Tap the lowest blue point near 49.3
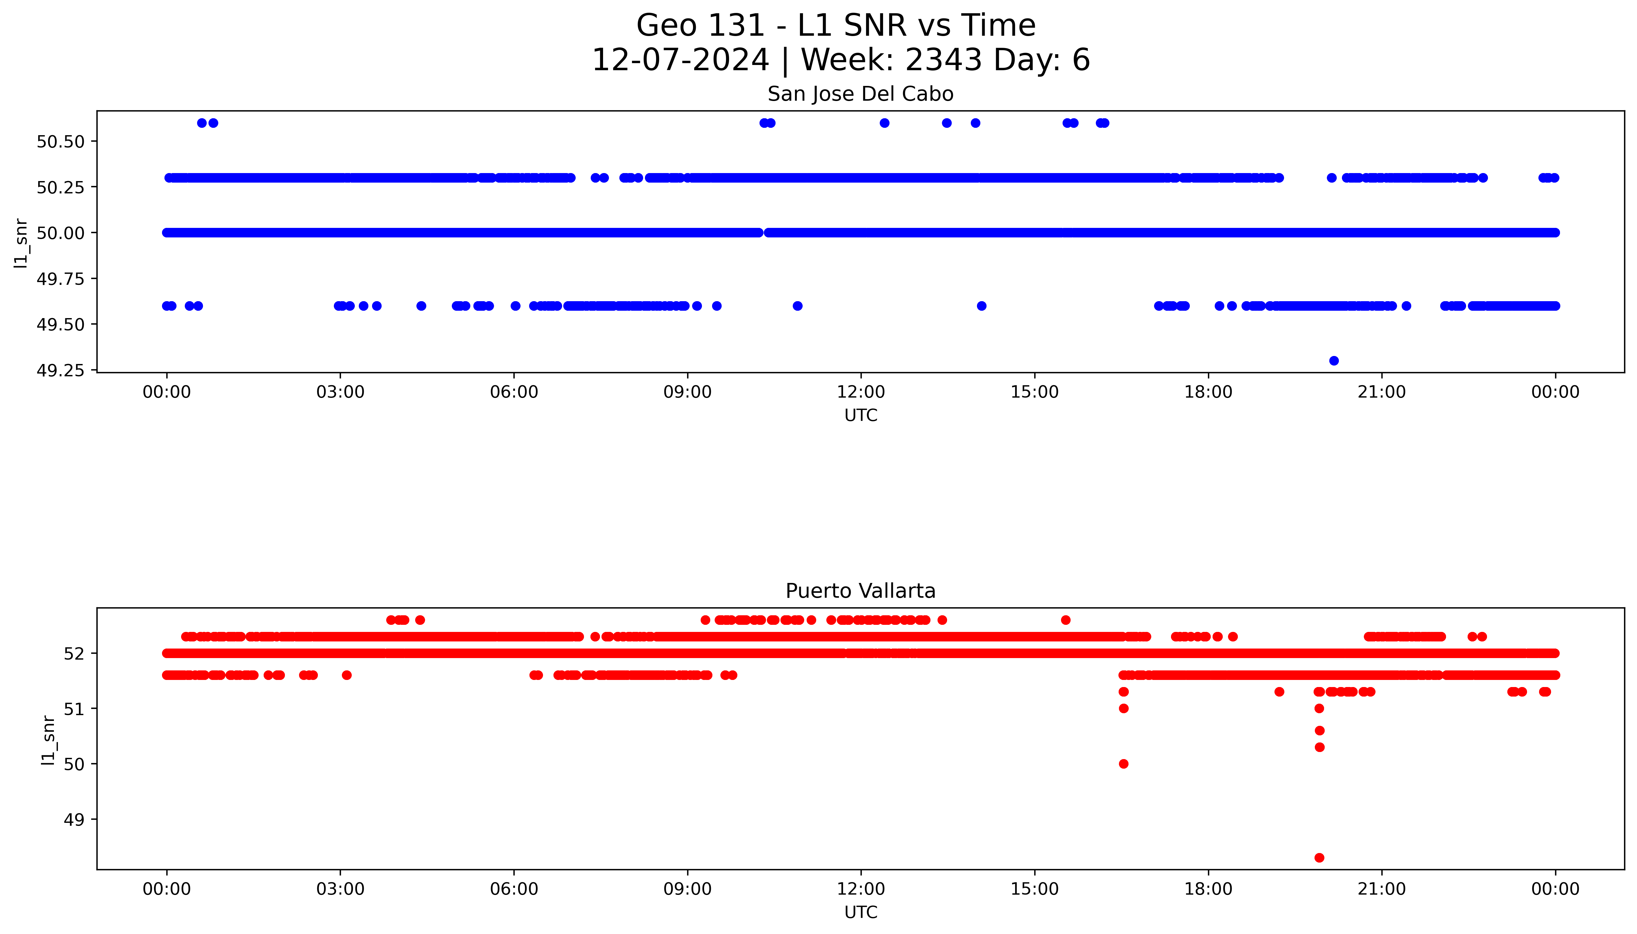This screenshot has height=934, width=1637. pos(1334,361)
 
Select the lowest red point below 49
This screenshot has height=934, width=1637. pos(1319,858)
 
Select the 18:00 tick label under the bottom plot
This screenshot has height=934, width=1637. pos(1208,889)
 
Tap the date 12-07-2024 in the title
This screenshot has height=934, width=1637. pos(680,60)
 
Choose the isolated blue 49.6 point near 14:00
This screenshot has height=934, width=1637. pos(981,306)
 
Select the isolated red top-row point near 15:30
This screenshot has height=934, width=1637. pos(1065,620)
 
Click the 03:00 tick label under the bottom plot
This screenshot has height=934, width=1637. pos(340,889)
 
